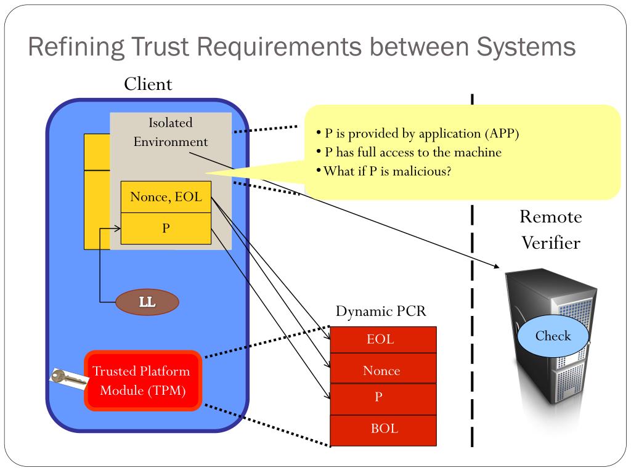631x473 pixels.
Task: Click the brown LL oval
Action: tap(147, 302)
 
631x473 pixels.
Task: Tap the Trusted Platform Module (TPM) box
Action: tap(142, 381)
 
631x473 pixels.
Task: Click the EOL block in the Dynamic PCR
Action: tap(383, 339)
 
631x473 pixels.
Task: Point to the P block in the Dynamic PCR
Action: tap(383, 399)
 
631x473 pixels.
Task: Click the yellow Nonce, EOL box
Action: tap(166, 197)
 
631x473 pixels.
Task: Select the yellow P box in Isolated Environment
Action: tap(166, 228)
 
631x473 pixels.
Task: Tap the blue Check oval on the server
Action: tap(553, 336)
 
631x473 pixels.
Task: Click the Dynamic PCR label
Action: tap(381, 311)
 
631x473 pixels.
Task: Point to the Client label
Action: tap(148, 84)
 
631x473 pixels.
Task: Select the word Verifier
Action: tap(551, 243)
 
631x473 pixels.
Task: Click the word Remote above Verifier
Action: tap(551, 217)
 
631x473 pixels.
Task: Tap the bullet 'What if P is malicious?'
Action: tap(384, 171)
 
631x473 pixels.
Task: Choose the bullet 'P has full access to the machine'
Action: tap(409, 152)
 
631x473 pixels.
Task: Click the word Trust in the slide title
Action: tap(160, 46)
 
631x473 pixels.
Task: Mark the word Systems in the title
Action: tap(526, 47)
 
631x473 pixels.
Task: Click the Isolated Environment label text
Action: tap(171, 132)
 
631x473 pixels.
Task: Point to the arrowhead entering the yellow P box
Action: tap(117, 228)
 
